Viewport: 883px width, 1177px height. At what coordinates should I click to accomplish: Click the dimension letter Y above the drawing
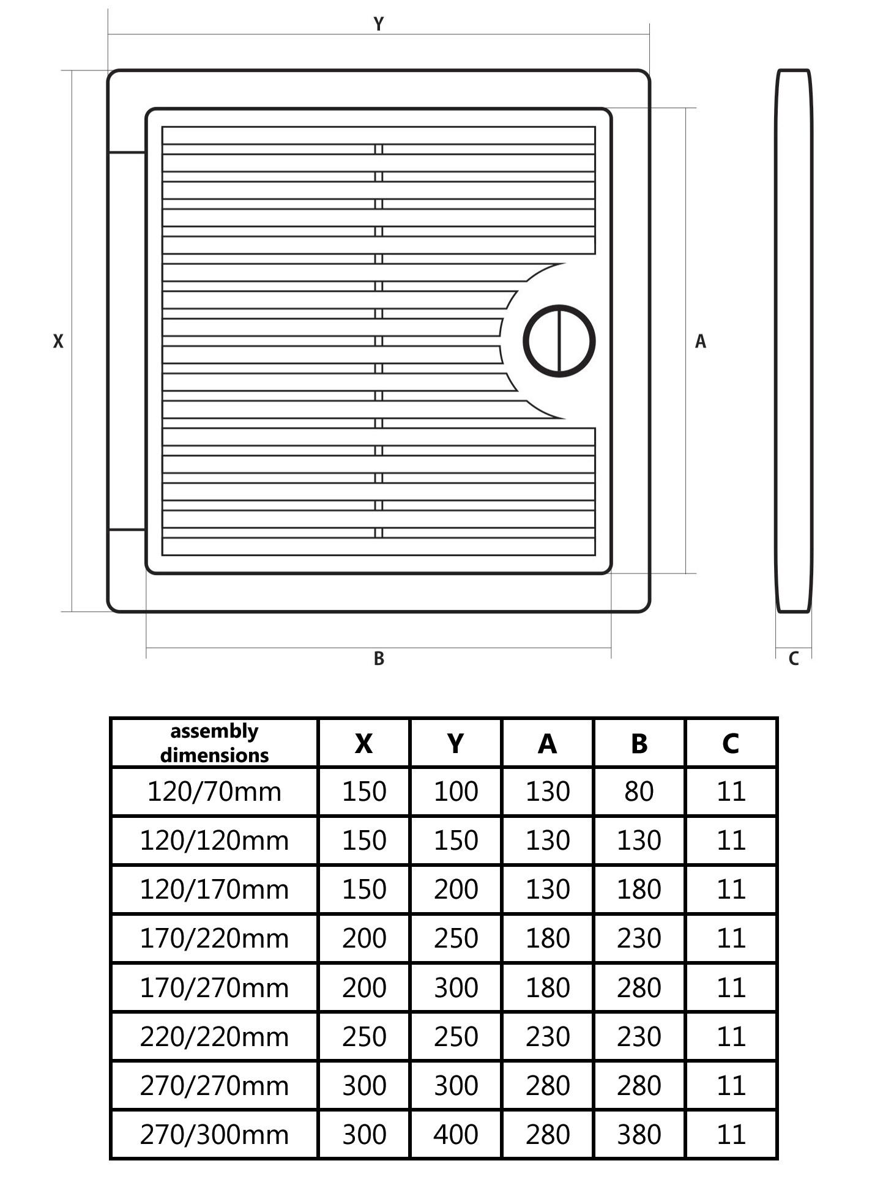click(x=379, y=24)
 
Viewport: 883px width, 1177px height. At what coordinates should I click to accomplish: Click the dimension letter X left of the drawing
click(x=58, y=341)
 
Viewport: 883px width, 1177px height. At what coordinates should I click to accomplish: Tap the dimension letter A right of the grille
click(x=701, y=341)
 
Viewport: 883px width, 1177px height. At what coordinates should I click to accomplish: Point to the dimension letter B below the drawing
click(x=379, y=659)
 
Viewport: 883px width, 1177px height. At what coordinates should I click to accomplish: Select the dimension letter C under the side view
click(x=794, y=659)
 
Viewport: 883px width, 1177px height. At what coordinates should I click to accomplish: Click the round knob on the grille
click(x=559, y=341)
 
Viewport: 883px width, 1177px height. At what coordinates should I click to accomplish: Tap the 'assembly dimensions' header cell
click(x=214, y=743)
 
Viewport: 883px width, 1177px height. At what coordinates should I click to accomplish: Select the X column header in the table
click(x=364, y=743)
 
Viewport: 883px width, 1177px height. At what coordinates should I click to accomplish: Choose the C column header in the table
click(x=731, y=743)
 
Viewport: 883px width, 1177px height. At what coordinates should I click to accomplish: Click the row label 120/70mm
click(x=214, y=792)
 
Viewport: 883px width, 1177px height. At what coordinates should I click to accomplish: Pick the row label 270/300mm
click(x=214, y=1135)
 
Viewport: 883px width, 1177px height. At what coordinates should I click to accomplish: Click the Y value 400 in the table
click(x=456, y=1135)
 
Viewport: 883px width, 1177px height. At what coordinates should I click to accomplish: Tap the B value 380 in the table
click(x=639, y=1135)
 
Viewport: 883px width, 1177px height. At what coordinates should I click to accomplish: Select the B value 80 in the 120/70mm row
click(x=639, y=792)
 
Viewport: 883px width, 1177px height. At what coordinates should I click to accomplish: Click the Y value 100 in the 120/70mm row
click(x=456, y=792)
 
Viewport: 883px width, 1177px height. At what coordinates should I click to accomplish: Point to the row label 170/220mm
click(x=214, y=938)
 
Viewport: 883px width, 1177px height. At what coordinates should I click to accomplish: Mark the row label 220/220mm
click(x=214, y=1037)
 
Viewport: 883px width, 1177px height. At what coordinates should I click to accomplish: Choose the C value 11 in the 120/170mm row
click(x=731, y=889)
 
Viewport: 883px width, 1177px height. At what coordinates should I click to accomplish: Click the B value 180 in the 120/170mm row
click(x=639, y=889)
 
